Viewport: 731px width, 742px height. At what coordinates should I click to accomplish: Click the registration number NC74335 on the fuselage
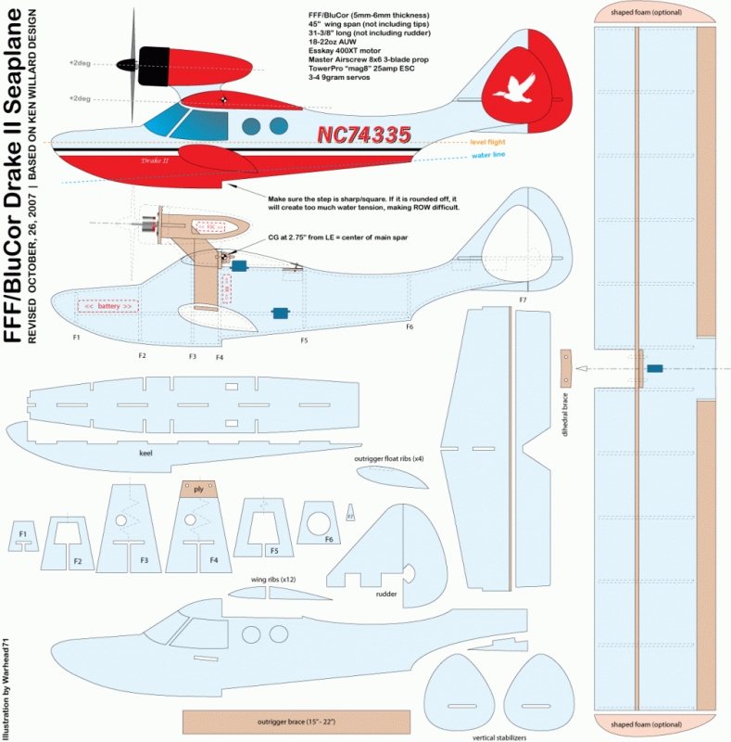(364, 135)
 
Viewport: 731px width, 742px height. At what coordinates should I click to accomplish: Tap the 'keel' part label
(145, 454)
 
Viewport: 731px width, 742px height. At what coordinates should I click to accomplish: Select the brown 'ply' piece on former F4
(198, 489)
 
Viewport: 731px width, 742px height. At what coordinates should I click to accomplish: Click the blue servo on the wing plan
(655, 369)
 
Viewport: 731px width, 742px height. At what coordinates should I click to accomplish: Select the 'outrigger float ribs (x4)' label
(389, 458)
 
